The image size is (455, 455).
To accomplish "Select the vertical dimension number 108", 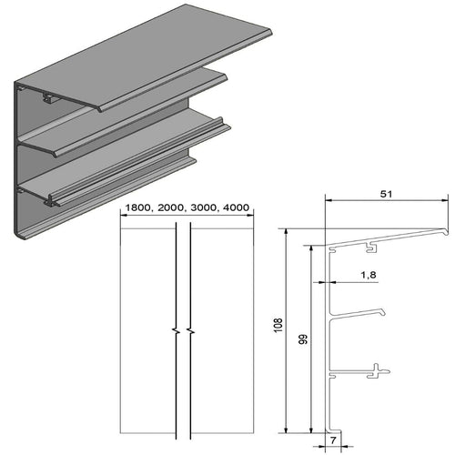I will [278, 324].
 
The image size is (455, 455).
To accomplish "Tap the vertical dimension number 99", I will [303, 340].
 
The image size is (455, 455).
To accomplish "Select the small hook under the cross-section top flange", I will [372, 246].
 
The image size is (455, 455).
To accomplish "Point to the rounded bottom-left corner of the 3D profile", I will [18, 234].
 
